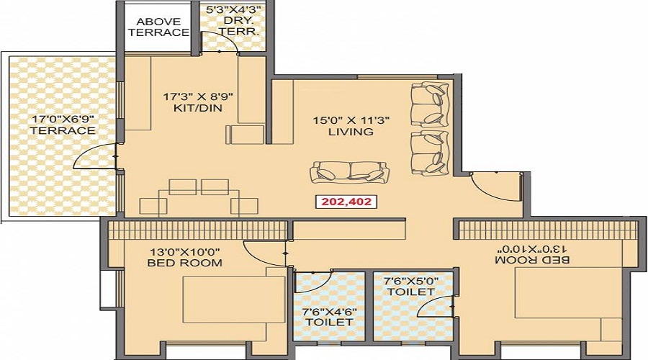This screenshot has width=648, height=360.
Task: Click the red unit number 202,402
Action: (x=344, y=202)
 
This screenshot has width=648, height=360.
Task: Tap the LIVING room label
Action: (x=351, y=132)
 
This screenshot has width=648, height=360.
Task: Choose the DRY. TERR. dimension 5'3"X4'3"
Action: (x=233, y=10)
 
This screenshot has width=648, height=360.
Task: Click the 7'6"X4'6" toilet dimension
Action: (x=330, y=311)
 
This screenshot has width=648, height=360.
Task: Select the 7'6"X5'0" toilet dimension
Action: (x=410, y=280)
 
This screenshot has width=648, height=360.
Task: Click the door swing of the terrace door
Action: (x=96, y=156)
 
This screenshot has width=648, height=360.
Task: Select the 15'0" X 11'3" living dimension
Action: (x=351, y=120)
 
